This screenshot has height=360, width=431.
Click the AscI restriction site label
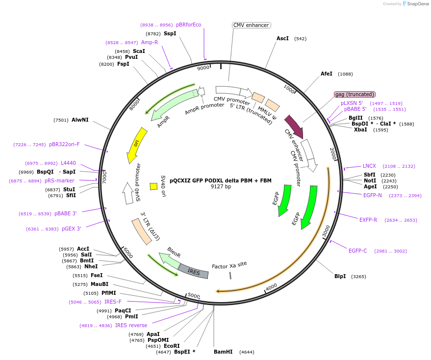[282, 38]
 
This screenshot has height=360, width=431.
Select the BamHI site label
[223, 352]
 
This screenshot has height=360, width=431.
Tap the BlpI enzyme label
[340, 276]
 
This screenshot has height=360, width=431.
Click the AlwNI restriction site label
[80, 120]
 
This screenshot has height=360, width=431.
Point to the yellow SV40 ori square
[153, 186]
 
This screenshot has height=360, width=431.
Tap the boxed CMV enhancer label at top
[251, 25]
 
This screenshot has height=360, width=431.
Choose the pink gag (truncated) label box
[355, 94]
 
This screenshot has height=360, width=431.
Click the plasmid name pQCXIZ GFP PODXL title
[220, 180]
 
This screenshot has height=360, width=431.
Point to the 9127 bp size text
[221, 187]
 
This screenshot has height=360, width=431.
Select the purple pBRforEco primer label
[188, 25]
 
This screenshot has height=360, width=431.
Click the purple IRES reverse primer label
[131, 325]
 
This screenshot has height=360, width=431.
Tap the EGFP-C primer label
[358, 251]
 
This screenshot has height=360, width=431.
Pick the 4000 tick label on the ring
[271, 286]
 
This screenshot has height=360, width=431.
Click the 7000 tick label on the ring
[104, 177]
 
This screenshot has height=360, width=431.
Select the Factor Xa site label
[229, 265]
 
